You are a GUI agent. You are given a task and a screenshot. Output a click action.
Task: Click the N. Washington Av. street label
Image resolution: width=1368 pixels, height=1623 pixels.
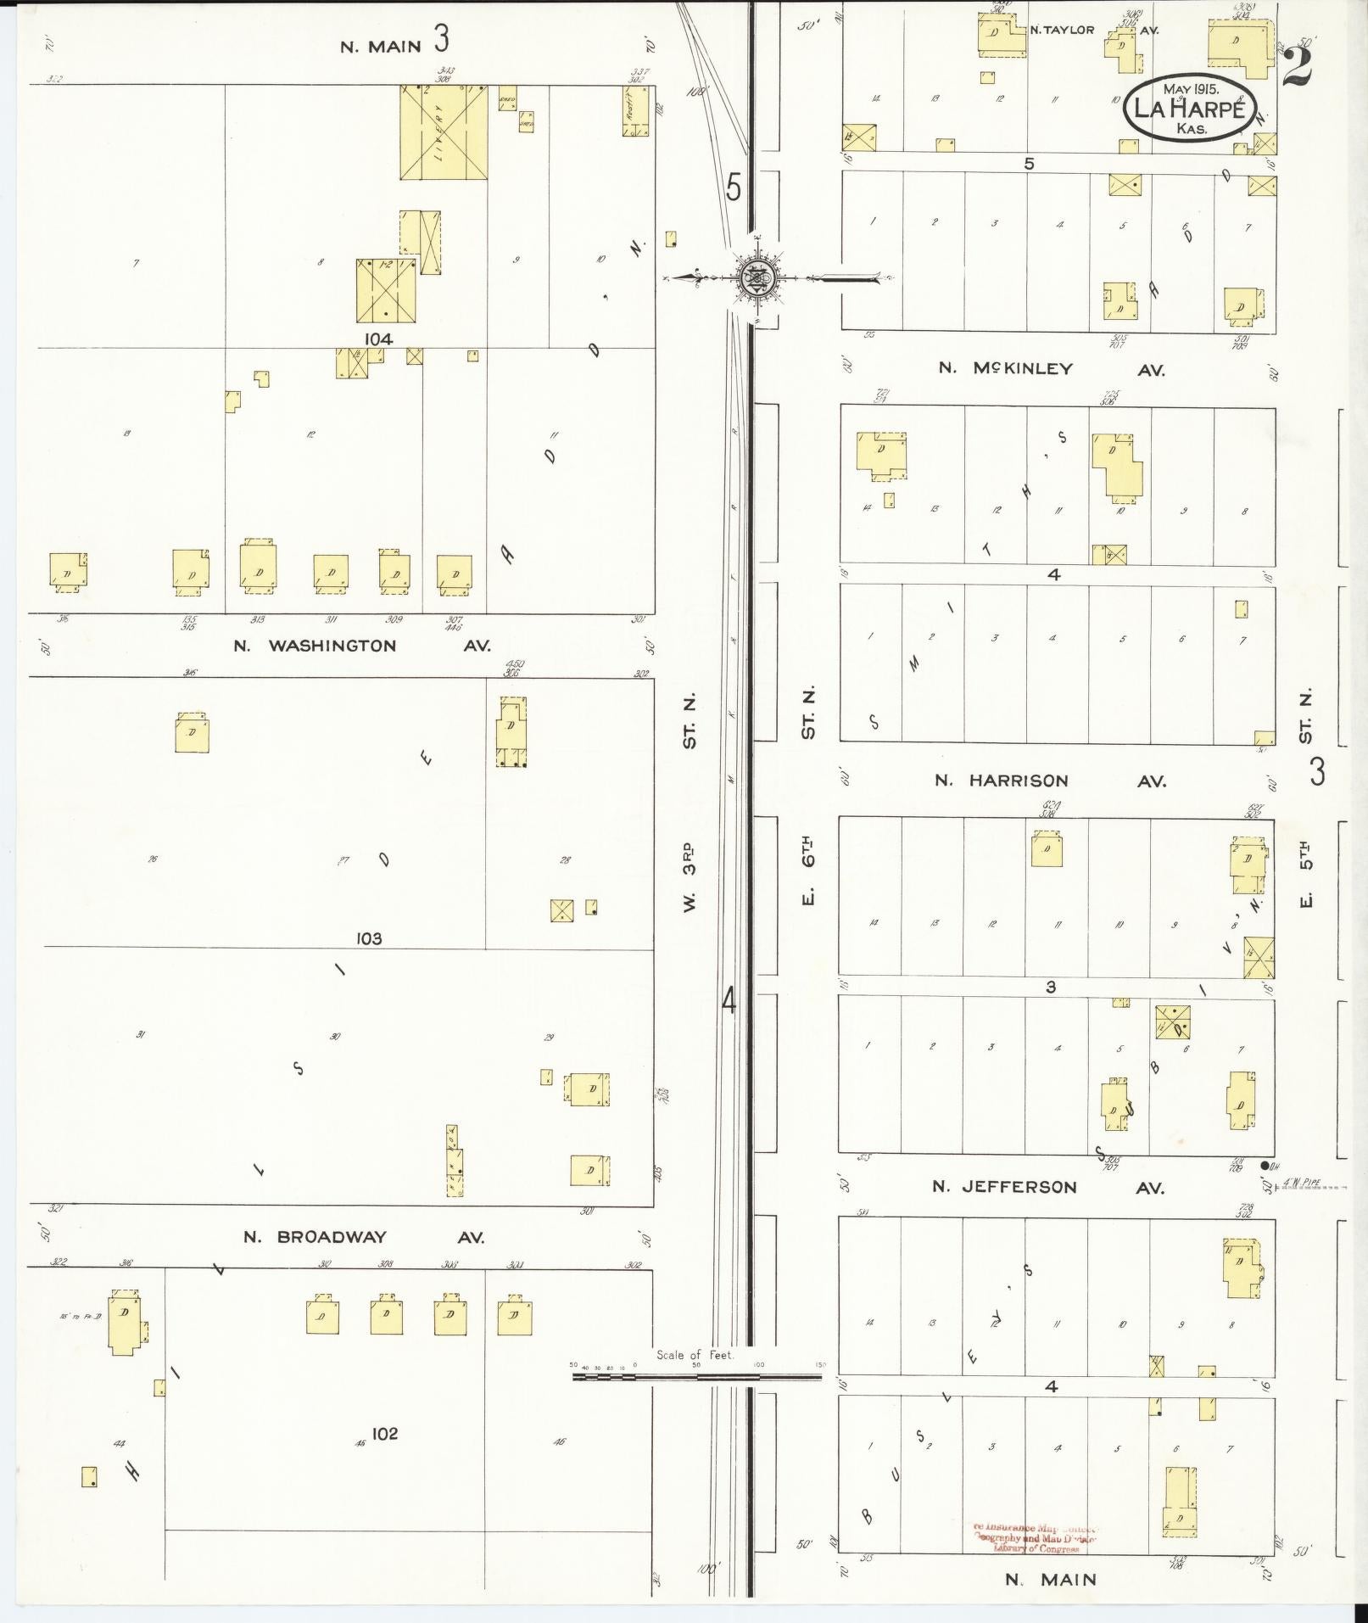click(362, 646)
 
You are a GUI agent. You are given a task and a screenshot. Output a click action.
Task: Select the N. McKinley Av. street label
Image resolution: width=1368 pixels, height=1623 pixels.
click(1051, 369)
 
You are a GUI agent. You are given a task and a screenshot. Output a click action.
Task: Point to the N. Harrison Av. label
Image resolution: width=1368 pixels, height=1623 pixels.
click(1050, 781)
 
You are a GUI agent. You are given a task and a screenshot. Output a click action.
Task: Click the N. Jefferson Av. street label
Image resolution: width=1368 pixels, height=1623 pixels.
click(1047, 1187)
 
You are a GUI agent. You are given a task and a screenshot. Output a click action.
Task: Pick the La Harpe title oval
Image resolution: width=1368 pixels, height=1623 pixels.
click(1187, 108)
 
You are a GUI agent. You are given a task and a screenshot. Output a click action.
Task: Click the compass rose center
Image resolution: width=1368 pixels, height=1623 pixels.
click(754, 276)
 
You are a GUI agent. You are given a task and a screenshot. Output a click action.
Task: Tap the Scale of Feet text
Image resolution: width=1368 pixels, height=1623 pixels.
click(694, 1355)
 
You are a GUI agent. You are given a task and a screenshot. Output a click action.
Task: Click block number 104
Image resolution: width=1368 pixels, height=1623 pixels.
click(377, 339)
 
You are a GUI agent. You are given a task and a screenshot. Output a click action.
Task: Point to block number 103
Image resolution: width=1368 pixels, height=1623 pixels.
click(370, 939)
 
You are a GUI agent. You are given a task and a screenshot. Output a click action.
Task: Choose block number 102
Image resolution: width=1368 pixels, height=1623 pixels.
click(384, 1434)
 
